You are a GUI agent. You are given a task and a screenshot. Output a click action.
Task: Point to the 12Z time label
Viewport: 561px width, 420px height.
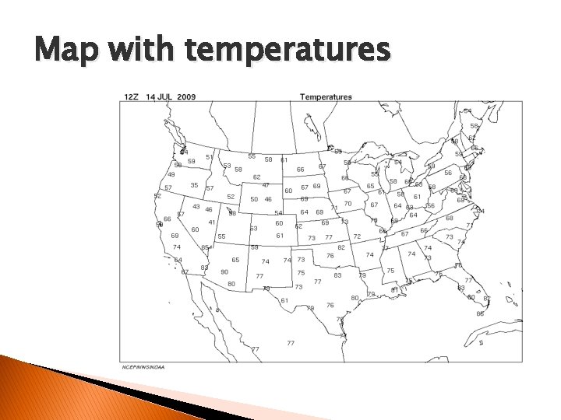tap(130, 97)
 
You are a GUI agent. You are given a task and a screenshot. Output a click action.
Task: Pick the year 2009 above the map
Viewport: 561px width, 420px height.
tap(187, 97)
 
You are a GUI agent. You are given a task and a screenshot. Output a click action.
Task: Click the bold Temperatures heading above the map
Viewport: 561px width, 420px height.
tap(325, 97)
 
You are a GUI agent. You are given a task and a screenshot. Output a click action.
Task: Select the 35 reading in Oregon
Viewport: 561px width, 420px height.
tap(194, 185)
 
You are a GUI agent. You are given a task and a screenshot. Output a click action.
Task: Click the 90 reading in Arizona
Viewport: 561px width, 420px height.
tap(224, 271)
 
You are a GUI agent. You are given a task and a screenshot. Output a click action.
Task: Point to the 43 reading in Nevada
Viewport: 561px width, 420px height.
tap(196, 206)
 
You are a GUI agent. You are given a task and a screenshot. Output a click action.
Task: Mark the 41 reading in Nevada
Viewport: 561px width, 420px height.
tap(211, 222)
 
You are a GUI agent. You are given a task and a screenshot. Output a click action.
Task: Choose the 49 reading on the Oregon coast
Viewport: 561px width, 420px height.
tap(171, 174)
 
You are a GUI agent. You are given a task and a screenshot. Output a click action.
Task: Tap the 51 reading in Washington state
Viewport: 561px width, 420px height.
tap(209, 157)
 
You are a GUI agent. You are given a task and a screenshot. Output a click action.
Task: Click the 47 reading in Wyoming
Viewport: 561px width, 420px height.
tap(266, 185)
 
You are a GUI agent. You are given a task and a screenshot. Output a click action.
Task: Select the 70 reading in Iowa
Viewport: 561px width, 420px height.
tap(348, 204)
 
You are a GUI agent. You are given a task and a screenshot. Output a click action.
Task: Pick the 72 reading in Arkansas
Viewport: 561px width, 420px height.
tap(357, 236)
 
